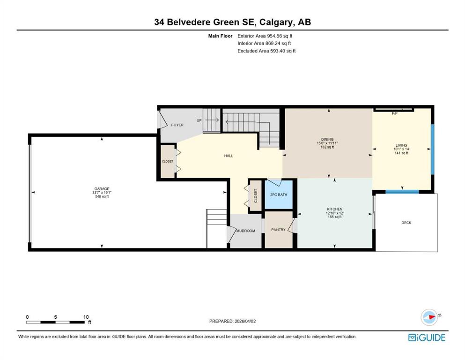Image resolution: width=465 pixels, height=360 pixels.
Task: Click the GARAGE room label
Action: point(102,189)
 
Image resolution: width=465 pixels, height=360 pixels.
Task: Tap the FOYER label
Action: point(177,125)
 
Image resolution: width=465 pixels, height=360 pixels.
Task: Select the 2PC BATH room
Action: point(279,195)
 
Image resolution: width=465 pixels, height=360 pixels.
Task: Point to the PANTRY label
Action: point(278,230)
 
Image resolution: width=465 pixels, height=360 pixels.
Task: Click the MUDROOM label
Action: point(245,231)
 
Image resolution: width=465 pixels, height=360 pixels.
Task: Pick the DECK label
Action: point(406,223)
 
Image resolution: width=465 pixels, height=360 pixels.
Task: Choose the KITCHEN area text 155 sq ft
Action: point(334,217)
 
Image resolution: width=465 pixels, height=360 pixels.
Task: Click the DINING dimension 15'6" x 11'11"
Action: point(327,143)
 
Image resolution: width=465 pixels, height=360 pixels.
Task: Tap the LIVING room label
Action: point(401,145)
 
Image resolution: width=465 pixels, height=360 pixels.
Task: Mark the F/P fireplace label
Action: point(395,113)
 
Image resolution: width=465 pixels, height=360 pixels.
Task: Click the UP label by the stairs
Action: point(199,120)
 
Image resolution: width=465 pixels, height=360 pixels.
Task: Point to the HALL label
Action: point(229,156)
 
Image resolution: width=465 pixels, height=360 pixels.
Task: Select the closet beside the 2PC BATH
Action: point(255,196)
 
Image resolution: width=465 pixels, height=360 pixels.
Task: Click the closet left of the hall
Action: point(168,161)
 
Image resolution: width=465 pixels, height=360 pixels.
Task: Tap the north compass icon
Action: point(429,317)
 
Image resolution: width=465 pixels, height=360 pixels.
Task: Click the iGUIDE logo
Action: point(427,338)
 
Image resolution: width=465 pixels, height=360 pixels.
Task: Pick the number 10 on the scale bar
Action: point(86,317)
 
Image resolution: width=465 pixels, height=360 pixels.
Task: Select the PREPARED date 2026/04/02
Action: point(245,321)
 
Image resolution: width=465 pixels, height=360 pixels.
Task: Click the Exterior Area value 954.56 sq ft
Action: point(280,36)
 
